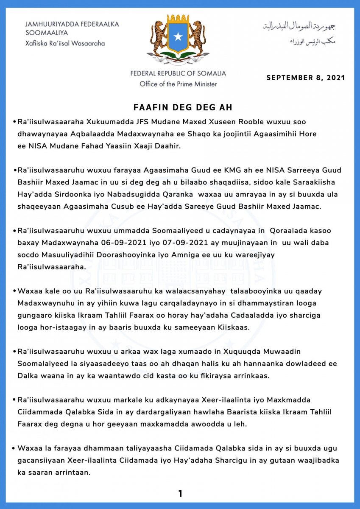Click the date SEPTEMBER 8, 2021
tap(305, 78)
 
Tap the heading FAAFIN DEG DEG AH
tap(180, 106)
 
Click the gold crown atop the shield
tap(179, 19)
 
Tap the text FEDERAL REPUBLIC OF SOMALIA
tap(178, 73)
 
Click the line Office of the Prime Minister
tap(178, 84)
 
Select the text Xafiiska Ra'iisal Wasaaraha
tap(65, 43)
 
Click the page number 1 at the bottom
tap(180, 493)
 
